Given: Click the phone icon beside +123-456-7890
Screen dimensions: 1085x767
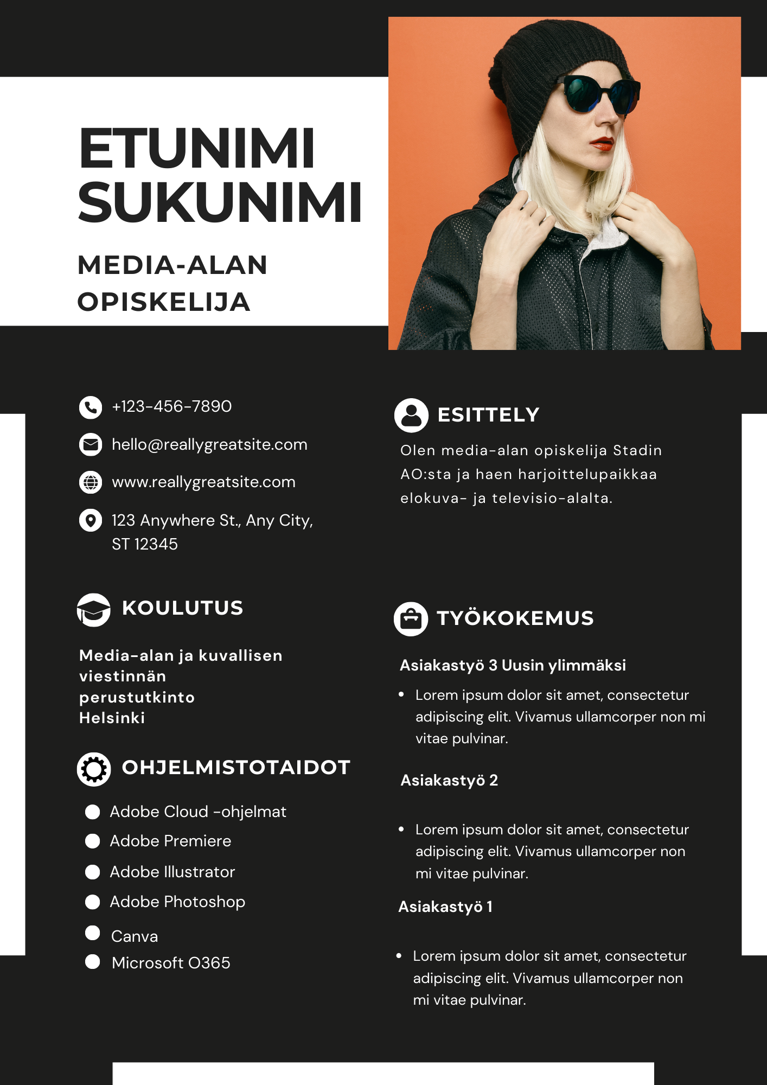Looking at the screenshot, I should [x=91, y=407].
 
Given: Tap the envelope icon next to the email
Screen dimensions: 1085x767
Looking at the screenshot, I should [x=91, y=445].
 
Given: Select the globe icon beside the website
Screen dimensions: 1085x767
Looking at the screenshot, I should [x=91, y=482].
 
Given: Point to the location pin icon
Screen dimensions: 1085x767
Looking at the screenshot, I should [x=91, y=520].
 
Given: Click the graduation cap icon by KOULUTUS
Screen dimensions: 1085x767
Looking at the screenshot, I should [x=93, y=610].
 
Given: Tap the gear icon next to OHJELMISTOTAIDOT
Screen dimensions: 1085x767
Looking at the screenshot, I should [x=94, y=769].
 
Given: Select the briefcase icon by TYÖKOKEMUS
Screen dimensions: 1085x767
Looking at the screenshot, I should [x=411, y=619].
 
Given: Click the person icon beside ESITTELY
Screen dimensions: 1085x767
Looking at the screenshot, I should [x=411, y=416].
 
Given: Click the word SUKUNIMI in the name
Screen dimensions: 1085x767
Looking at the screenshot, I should [x=220, y=202].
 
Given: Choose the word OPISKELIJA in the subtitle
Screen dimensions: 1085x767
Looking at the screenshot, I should [x=164, y=302].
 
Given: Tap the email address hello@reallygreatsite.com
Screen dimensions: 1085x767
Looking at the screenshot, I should [x=209, y=445].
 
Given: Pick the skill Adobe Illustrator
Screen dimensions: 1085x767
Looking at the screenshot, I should [x=172, y=872].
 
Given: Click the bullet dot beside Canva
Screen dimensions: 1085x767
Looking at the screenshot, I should [x=93, y=933].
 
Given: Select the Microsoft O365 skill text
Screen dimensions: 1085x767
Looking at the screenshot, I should [x=171, y=963].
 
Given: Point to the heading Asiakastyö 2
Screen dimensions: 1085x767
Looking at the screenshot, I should [x=449, y=780].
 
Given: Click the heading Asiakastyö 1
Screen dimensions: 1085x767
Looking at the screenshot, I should [x=445, y=907].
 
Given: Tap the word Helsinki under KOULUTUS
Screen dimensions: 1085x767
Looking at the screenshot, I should [x=112, y=718].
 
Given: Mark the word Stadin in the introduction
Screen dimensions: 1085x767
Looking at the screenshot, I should [x=637, y=451].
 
